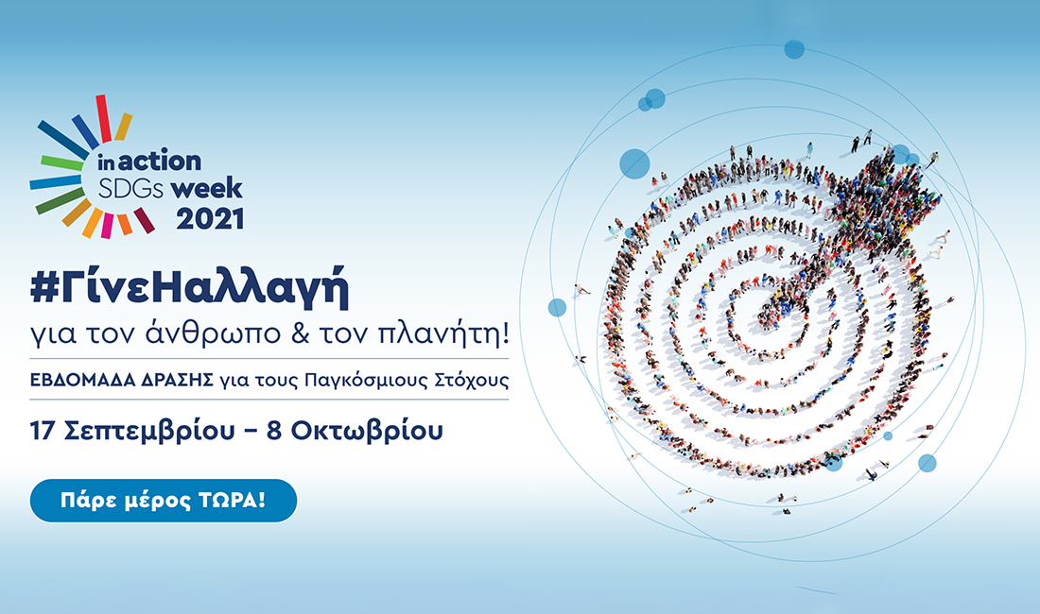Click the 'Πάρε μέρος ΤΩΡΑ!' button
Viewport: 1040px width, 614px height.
point(164,501)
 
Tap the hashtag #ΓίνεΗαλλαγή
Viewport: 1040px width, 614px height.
point(189,290)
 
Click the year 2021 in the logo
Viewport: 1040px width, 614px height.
point(209,218)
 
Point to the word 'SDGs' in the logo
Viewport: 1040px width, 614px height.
point(131,188)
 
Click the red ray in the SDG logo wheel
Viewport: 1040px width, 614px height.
point(103,118)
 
